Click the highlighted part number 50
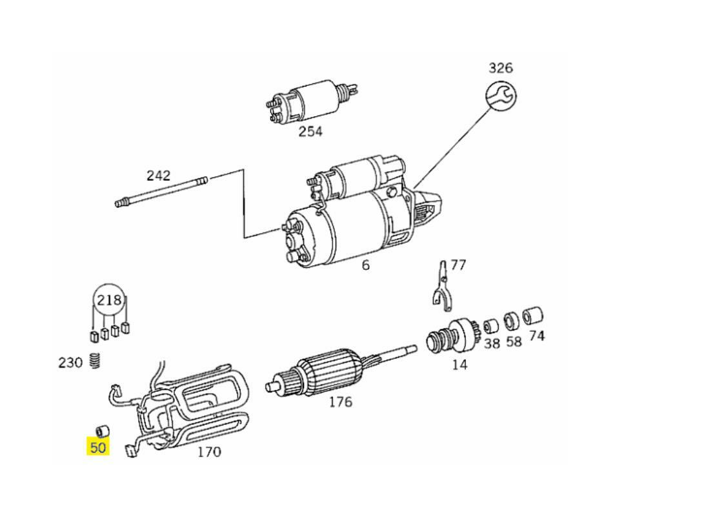tap(97, 447)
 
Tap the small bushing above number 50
tap(101, 430)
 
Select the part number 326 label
tap(500, 68)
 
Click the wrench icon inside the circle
tap(501, 97)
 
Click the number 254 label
tap(310, 132)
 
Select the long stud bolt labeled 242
tap(161, 193)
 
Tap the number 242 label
tap(158, 175)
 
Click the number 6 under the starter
tap(366, 265)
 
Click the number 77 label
tap(458, 265)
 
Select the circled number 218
tap(109, 300)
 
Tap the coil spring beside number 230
tap(95, 362)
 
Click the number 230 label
tap(70, 362)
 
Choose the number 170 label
tap(208, 452)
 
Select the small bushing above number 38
tap(491, 325)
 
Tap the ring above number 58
tap(512, 320)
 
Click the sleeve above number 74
tap(533, 316)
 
